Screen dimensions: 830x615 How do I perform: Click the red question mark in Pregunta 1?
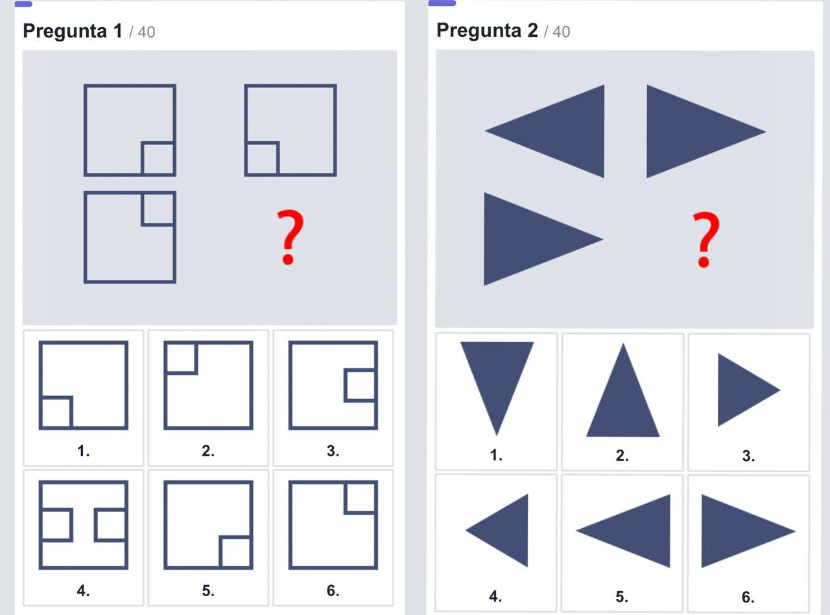pyautogui.click(x=289, y=237)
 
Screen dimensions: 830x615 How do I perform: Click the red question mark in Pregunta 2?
pyautogui.click(x=705, y=239)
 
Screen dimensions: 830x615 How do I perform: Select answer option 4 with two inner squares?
pyautogui.click(x=84, y=525)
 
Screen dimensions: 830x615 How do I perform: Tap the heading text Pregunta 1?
pyautogui.click(x=73, y=30)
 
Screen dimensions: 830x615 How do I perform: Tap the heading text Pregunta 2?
pyautogui.click(x=487, y=30)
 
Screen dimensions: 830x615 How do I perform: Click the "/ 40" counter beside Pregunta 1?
pyautogui.click(x=142, y=32)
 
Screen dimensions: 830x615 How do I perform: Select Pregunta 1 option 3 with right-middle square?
pyautogui.click(x=333, y=385)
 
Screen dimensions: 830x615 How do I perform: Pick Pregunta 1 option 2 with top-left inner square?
pyautogui.click(x=208, y=385)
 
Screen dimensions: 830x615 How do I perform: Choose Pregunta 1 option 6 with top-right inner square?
pyautogui.click(x=333, y=525)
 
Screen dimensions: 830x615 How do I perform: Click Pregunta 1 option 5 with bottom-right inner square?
pyautogui.click(x=208, y=525)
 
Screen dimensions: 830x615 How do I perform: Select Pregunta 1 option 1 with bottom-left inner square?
pyautogui.click(x=84, y=385)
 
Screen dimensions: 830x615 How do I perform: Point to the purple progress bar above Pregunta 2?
pyautogui.click(x=442, y=3)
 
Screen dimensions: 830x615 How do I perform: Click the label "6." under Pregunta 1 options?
pyautogui.click(x=333, y=590)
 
